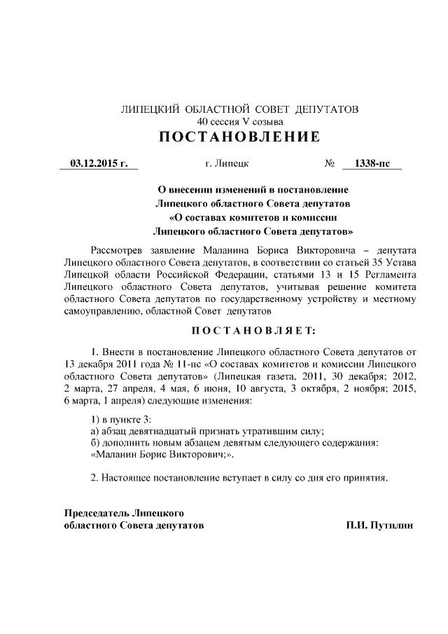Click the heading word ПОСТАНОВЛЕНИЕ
(239, 136)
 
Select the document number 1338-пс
(372, 164)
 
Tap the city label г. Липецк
(226, 164)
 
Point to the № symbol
(330, 164)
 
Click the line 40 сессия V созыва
(240, 121)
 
